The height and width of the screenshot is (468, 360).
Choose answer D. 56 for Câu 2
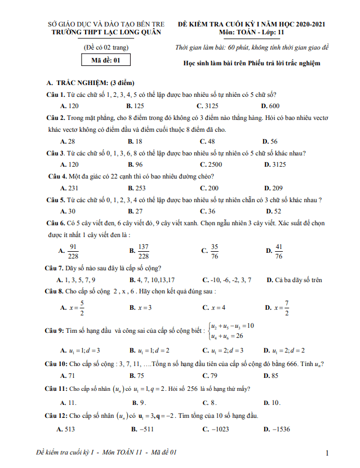pos(270,141)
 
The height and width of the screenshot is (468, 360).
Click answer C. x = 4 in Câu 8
pos(214,307)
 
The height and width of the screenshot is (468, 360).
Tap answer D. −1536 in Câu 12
pos(276,429)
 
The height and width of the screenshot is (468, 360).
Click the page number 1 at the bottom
pos(327,453)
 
